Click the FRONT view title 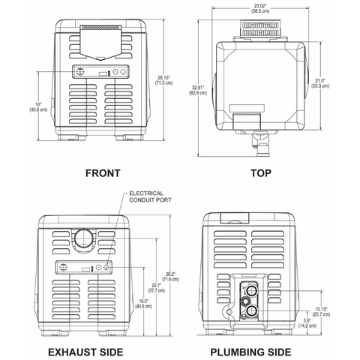103,173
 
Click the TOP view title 260,173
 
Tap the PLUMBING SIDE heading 260,350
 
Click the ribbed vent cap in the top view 261,30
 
